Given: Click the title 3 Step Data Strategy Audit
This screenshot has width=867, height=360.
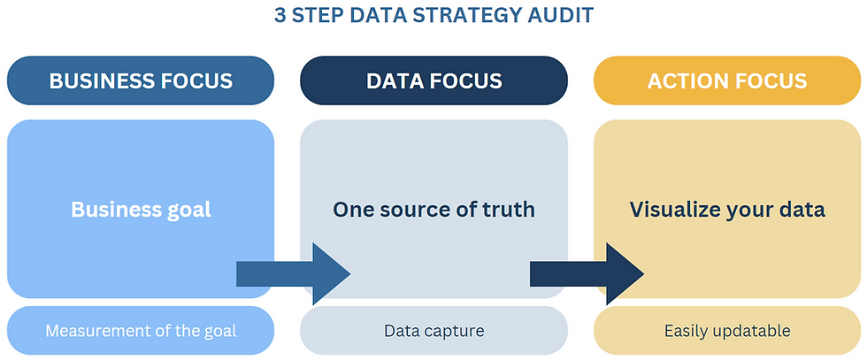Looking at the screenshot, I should pos(433,17).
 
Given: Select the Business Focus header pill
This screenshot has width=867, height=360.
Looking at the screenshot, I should pos(141,81).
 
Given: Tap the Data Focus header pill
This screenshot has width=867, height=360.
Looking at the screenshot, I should pos(433,81).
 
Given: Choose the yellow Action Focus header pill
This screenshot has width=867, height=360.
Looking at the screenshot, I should pos(726,81).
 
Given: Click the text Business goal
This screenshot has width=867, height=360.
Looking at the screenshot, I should pos(141,210).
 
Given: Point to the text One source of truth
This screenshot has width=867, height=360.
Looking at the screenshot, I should pos(433,210).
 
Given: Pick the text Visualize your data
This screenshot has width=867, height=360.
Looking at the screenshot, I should pos(726,210).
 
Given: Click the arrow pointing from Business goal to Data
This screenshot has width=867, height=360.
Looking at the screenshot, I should pos(293,274).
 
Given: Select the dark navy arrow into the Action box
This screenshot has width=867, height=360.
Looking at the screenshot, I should pos(587,274).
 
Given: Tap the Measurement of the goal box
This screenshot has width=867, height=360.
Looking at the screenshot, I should pos(141,331).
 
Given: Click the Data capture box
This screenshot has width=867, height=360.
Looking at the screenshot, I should pos(433,331).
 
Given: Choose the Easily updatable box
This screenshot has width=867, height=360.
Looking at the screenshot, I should pos(726,331).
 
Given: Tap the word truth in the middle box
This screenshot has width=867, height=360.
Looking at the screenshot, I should pos(510,210).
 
